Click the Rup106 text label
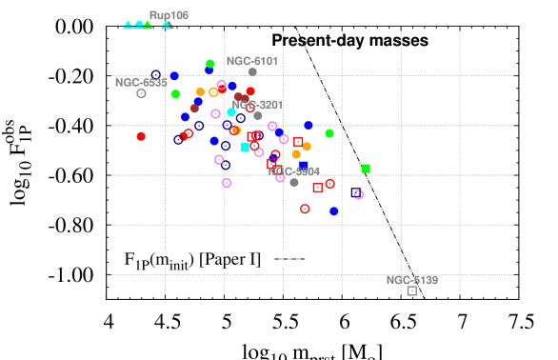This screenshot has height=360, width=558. tap(169, 15)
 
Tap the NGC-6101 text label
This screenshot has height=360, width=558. tap(252, 61)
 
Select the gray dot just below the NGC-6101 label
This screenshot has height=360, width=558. tap(252, 71)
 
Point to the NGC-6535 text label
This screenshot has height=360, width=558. tap(141, 83)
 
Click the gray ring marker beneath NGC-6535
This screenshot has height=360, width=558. tap(141, 93)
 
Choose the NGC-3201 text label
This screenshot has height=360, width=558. tap(257, 105)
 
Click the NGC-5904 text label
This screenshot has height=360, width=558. tap(294, 171)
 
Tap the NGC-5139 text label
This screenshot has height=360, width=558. tap(412, 280)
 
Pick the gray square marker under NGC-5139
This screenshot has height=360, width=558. tap(412, 290)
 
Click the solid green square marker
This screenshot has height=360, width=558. tap(366, 169)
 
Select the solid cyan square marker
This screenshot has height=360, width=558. tap(245, 148)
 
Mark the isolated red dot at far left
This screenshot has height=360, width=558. tap(141, 136)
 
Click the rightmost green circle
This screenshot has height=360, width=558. tap(329, 133)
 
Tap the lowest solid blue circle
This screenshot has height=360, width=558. tap(334, 211)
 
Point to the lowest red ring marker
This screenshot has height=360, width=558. tap(305, 209)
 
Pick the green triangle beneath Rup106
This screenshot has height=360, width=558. tap(148, 25)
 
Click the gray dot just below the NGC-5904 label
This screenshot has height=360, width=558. tap(294, 182)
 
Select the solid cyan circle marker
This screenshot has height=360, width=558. tap(231, 112)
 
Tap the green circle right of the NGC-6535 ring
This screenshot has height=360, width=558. tap(175, 94)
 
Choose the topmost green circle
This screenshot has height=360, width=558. tap(210, 64)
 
